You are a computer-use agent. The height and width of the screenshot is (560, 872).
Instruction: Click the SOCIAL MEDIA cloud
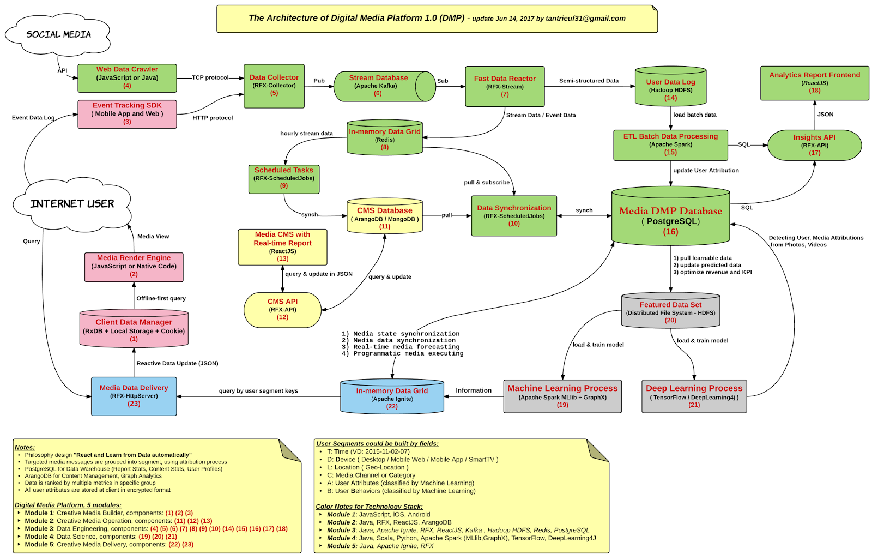click(x=58, y=34)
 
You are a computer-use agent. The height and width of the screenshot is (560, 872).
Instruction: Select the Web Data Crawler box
click(x=127, y=77)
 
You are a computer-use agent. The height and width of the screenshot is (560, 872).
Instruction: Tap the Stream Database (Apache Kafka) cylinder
click(x=378, y=86)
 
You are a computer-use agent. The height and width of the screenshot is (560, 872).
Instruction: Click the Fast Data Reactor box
click(x=505, y=86)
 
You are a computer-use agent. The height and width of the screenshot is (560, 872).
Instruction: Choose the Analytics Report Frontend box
click(x=814, y=82)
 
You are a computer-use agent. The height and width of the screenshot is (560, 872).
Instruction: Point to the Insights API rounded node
click(x=814, y=145)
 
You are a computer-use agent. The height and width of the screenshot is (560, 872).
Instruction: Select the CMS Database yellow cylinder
click(x=385, y=218)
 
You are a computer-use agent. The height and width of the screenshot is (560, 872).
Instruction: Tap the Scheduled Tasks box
click(x=284, y=178)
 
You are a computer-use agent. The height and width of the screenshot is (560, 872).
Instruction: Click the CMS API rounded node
click(x=282, y=309)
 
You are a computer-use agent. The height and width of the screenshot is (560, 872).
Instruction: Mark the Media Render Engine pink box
click(x=134, y=267)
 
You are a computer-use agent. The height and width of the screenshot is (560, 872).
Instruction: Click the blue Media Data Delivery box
click(x=134, y=396)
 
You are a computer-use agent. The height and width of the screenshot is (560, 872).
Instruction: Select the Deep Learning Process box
click(x=694, y=396)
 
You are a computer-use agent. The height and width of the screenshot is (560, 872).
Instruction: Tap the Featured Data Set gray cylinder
click(x=670, y=312)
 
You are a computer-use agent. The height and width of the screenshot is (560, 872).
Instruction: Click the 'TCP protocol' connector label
click(x=210, y=77)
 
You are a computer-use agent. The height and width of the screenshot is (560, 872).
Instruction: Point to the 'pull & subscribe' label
click(x=487, y=182)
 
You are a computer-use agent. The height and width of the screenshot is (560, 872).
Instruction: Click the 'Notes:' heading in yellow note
click(x=25, y=447)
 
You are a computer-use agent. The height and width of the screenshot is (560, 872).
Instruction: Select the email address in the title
click(x=586, y=19)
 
